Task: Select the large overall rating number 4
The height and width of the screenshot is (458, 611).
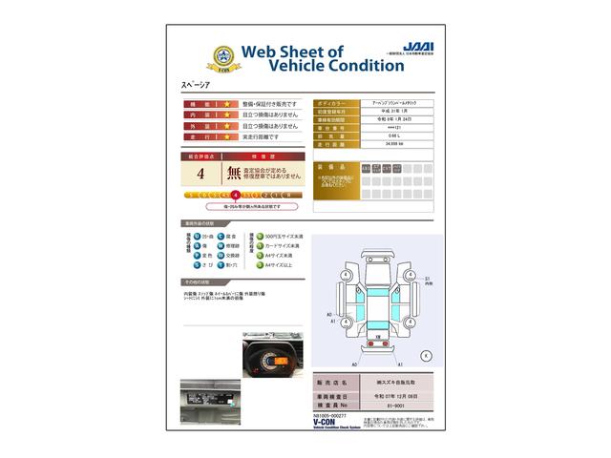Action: tap(200, 174)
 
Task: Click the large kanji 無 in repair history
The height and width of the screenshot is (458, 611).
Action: tap(234, 174)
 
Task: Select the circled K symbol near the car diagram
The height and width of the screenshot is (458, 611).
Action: tap(426, 356)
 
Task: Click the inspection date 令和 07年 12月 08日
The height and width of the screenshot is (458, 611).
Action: tap(397, 393)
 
